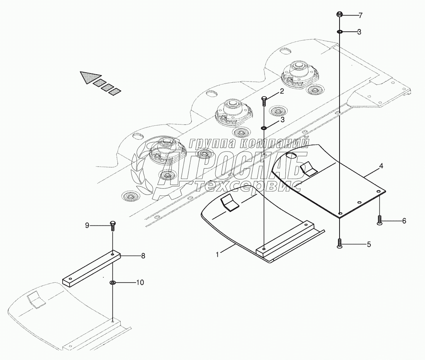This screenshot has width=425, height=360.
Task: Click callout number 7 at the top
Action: [360, 16]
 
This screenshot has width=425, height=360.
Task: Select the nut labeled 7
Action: [339, 15]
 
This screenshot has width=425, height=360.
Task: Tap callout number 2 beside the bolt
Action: [282, 91]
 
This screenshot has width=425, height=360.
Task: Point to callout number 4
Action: [370, 166]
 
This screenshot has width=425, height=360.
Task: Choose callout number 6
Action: [404, 221]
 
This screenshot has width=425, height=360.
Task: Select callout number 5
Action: [369, 244]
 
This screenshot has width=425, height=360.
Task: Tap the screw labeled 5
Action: [339, 244]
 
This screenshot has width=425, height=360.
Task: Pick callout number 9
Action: [87, 225]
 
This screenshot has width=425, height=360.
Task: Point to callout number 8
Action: [143, 256]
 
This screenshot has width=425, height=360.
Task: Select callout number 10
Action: [140, 283]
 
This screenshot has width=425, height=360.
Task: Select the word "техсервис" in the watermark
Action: [247, 186]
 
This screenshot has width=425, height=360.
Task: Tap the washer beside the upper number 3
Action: [339, 32]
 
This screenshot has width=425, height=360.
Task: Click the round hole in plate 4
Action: [291, 155]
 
